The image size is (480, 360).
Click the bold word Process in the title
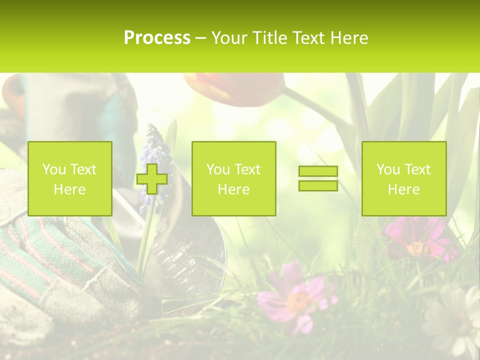pos(157,38)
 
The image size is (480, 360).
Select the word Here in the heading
pos(349,38)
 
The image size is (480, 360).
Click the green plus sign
pos(152,178)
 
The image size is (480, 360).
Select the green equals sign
pos(318,178)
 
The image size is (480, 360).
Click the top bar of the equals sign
pos(318,171)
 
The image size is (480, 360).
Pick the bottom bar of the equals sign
pos(318,185)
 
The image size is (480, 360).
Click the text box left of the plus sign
pos(69,178)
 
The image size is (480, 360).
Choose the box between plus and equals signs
pos(233,178)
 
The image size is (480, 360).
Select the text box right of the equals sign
pos(403,178)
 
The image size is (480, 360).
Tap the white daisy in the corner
pos(455,315)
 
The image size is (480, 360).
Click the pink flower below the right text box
pos(415,240)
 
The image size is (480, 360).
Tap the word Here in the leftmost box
pos(69,189)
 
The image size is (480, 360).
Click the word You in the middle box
pos(217,169)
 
